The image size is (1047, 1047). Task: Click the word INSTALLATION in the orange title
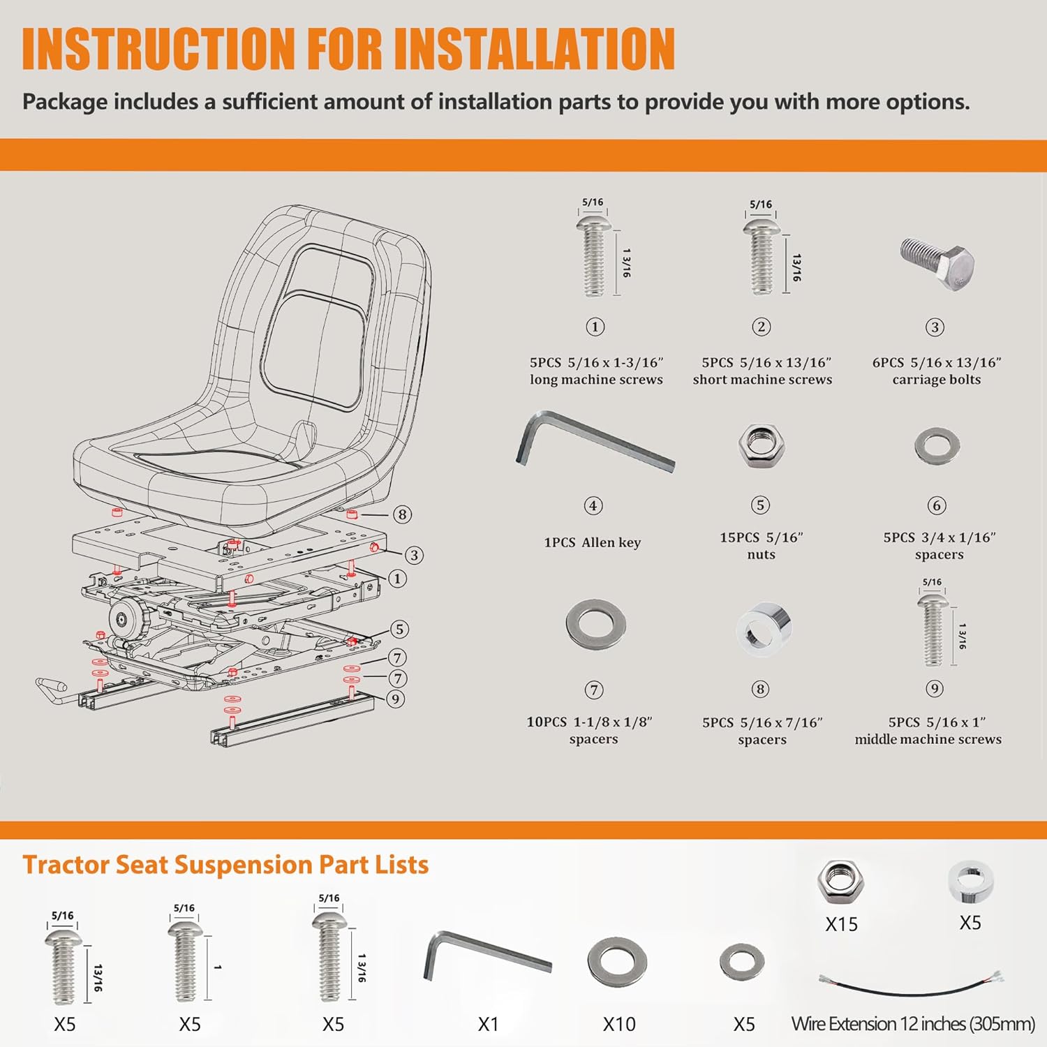[534, 49]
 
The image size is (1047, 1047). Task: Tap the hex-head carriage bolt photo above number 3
[937, 263]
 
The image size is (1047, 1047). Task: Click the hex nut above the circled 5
[762, 445]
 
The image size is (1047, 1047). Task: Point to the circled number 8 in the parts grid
[760, 690]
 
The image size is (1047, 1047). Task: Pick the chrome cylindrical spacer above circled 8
[764, 629]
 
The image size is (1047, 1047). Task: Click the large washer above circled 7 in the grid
[595, 624]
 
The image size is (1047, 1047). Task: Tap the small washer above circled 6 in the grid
[937, 446]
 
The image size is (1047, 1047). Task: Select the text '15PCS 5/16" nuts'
[762, 546]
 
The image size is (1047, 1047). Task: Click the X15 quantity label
[841, 924]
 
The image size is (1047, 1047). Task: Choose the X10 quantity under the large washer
[619, 1024]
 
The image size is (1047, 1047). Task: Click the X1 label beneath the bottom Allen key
[488, 1024]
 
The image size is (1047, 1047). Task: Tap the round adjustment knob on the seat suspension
[124, 617]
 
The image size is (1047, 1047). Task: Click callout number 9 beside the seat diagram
[396, 699]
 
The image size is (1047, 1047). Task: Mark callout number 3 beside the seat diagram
[414, 555]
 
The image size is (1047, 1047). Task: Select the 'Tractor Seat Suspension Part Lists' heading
[225, 865]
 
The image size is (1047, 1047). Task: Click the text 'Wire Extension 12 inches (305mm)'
[913, 1024]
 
